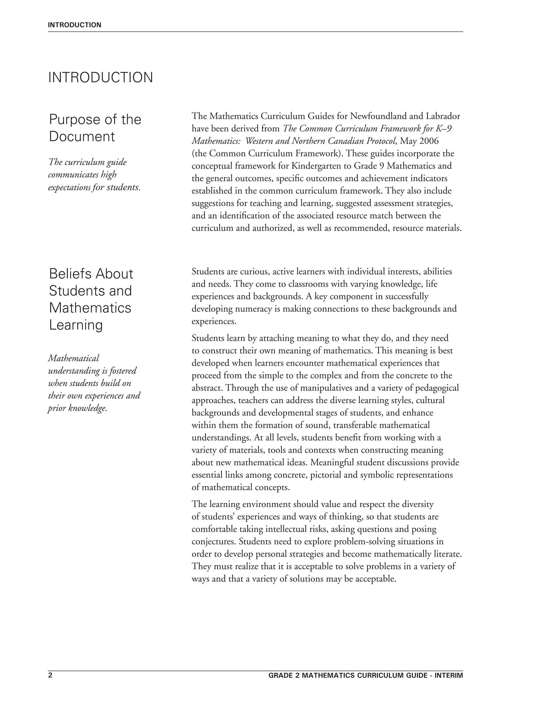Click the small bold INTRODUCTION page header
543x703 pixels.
coord(74,25)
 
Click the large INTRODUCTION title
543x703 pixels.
coord(100,78)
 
